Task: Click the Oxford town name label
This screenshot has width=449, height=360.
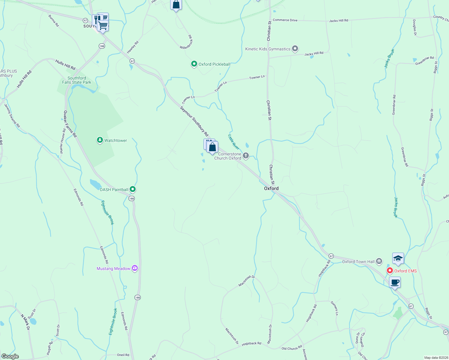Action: click(x=271, y=188)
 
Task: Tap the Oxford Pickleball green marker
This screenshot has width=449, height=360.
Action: click(x=194, y=64)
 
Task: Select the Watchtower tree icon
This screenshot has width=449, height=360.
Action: click(x=100, y=140)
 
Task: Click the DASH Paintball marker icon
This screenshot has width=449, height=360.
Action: click(x=133, y=189)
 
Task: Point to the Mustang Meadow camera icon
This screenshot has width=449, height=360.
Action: click(x=135, y=268)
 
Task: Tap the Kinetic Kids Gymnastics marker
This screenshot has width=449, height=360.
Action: click(x=295, y=49)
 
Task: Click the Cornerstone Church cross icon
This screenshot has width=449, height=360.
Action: click(x=246, y=155)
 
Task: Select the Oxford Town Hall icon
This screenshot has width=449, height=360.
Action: click(x=379, y=261)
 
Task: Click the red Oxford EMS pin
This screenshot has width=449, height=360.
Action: click(x=390, y=271)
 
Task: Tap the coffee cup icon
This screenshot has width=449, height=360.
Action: click(x=395, y=282)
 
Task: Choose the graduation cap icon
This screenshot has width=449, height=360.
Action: click(x=398, y=258)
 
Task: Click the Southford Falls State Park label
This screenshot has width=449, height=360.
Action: click(x=77, y=80)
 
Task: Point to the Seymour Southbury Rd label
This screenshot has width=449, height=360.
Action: click(x=194, y=121)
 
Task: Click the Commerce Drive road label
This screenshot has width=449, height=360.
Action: click(x=285, y=20)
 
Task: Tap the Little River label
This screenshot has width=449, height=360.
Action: click(x=234, y=142)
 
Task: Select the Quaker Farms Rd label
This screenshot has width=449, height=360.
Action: click(x=70, y=124)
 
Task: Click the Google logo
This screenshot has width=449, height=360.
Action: click(x=10, y=356)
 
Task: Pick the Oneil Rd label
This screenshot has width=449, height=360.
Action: click(x=123, y=355)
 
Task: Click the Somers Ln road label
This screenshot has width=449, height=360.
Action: click(x=335, y=308)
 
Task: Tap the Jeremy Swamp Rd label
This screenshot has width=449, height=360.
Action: click(x=12, y=115)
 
